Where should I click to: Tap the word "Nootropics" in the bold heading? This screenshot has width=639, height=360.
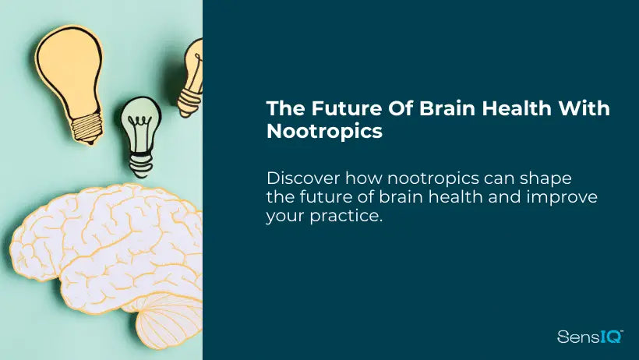click(x=324, y=131)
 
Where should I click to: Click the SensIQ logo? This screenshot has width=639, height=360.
click(x=590, y=337)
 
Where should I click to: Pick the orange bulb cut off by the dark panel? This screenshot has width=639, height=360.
click(x=192, y=78)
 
